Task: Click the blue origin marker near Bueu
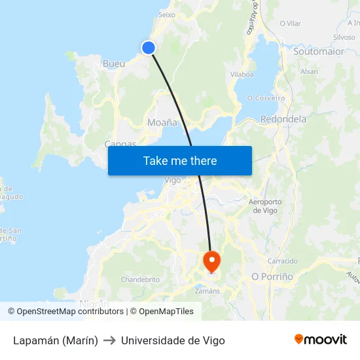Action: (x=149, y=47)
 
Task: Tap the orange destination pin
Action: (x=211, y=261)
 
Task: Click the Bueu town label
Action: (x=114, y=64)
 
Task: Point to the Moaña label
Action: (x=162, y=122)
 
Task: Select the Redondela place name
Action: (x=283, y=119)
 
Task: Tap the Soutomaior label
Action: (x=319, y=51)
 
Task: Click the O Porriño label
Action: (x=272, y=277)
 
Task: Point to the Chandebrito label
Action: (x=140, y=279)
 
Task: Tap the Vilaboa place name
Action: (x=242, y=75)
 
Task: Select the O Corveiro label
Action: (x=266, y=98)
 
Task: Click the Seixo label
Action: (x=167, y=14)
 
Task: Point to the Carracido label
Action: (x=283, y=261)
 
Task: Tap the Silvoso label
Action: (x=344, y=38)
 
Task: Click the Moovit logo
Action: (x=321, y=340)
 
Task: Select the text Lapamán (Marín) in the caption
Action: (x=56, y=340)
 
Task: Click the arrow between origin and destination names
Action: (x=109, y=340)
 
